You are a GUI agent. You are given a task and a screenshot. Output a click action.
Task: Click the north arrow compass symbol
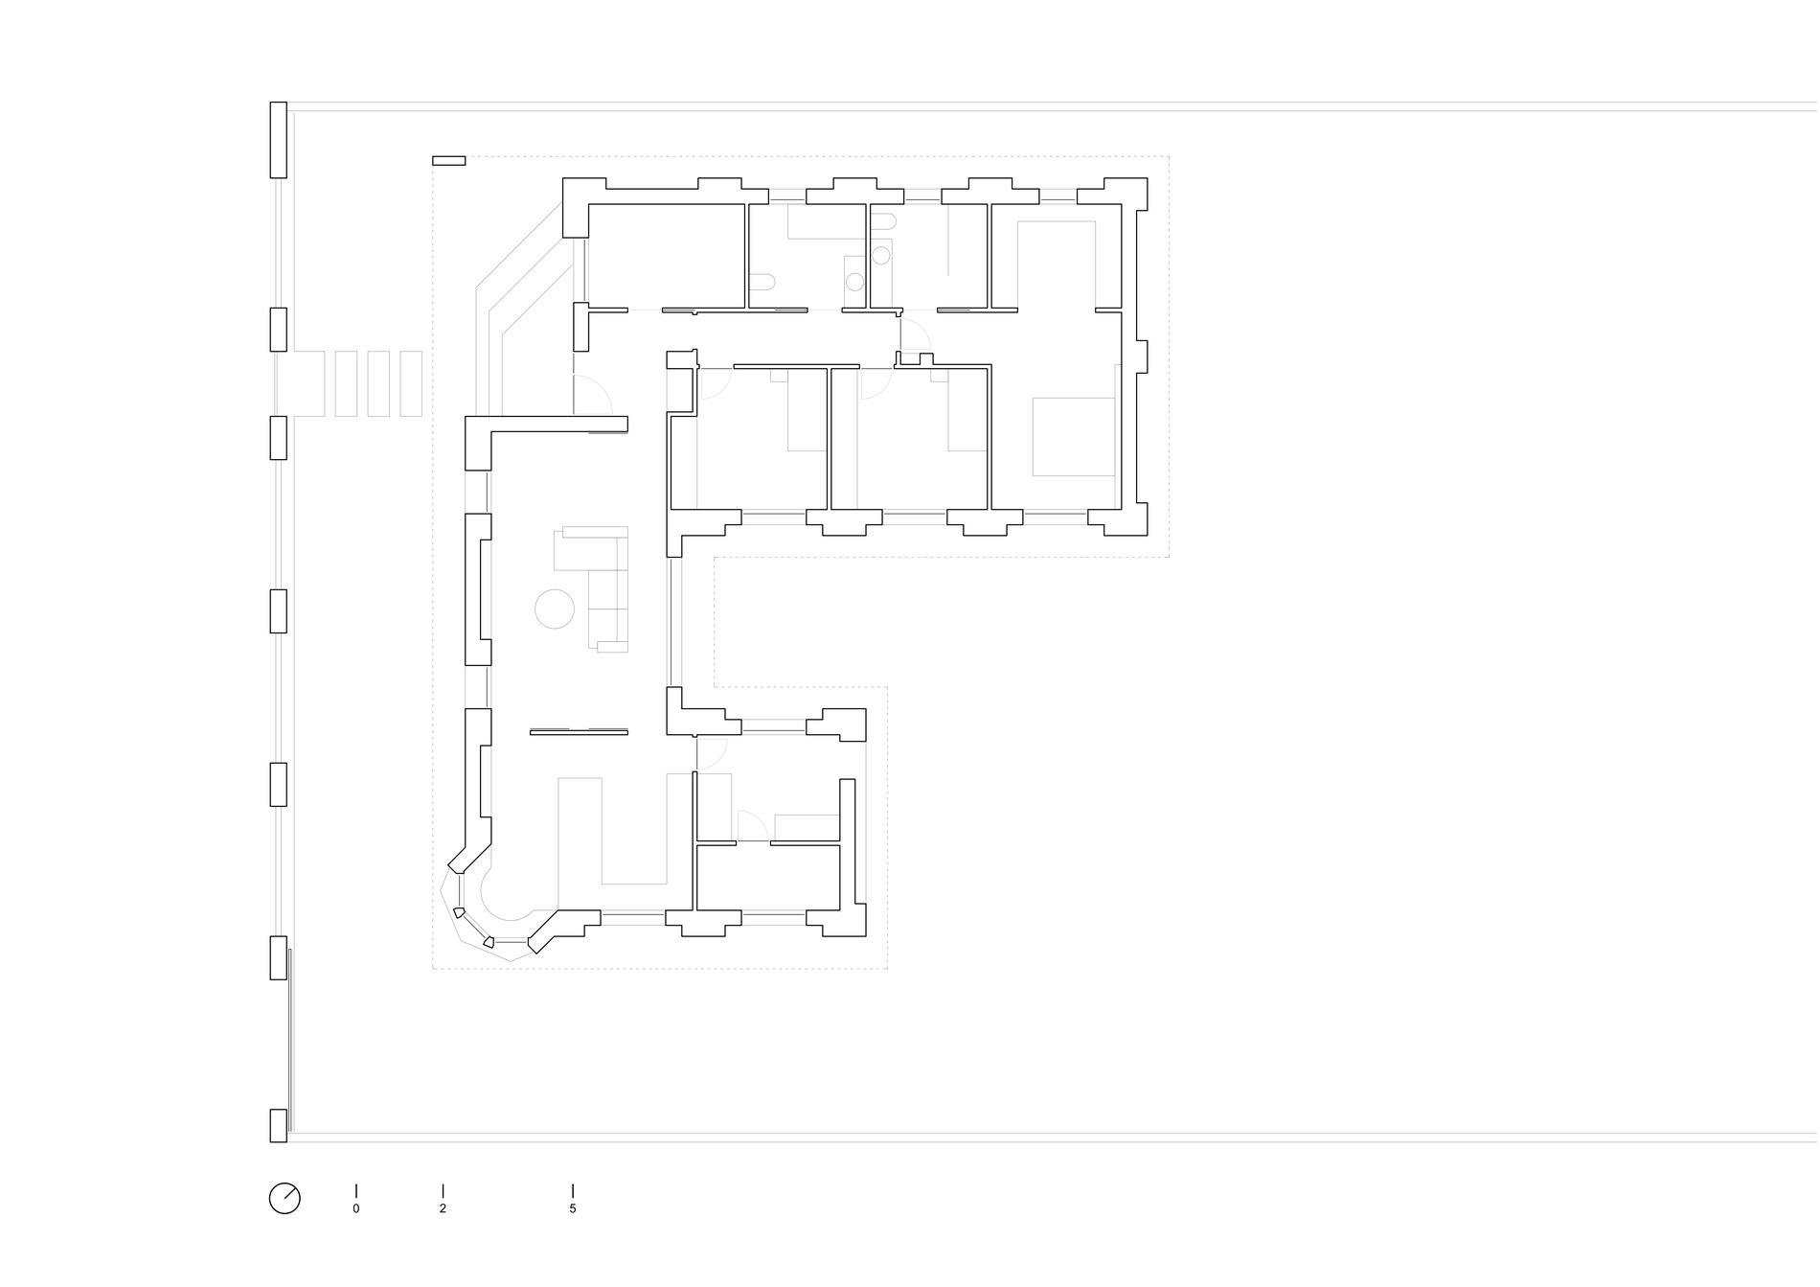click(284, 1198)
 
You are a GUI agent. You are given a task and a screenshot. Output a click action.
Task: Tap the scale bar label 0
click(356, 1209)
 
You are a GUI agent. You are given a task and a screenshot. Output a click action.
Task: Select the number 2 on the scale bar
click(443, 1209)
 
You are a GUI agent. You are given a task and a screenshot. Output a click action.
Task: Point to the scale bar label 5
click(573, 1209)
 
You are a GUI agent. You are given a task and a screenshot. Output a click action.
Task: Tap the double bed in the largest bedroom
click(1074, 437)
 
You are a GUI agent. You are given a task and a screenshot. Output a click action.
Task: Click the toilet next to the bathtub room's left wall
click(762, 283)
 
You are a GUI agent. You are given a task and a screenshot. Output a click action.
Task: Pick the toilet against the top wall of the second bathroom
click(885, 222)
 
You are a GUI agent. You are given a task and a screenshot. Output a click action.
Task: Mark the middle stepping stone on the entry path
click(378, 383)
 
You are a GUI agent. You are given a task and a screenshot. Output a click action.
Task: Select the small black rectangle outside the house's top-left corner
click(448, 161)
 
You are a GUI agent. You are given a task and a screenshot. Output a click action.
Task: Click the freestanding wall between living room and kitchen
click(579, 732)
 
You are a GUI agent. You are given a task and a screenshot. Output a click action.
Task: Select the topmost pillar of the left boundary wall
click(279, 140)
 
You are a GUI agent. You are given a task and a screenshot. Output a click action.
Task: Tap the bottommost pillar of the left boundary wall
click(279, 1125)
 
